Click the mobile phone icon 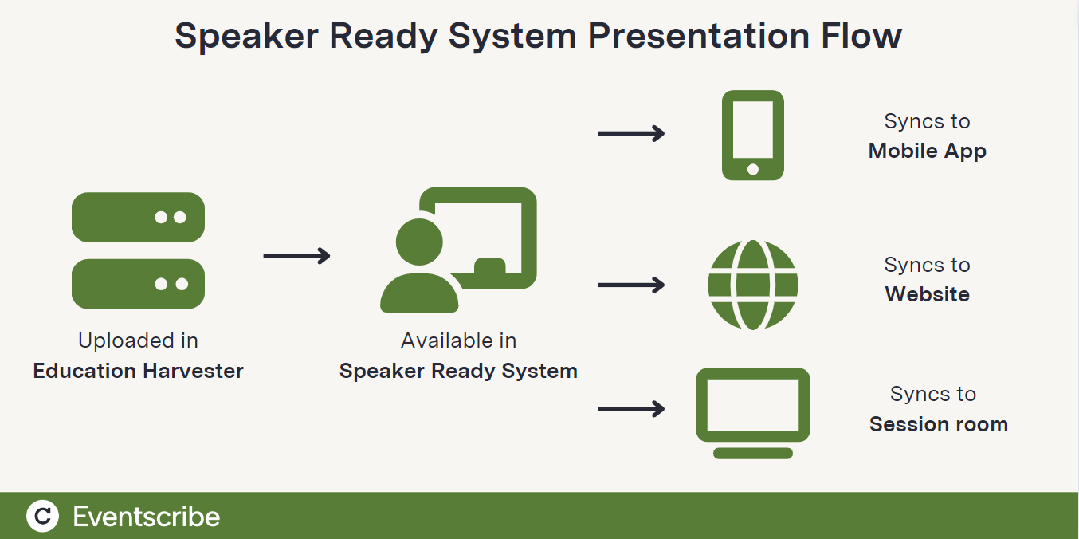click(x=752, y=135)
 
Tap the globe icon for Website click(x=752, y=285)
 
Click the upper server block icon click(x=138, y=217)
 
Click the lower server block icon click(x=138, y=284)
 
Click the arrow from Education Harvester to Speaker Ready click(x=296, y=256)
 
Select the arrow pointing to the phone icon click(x=631, y=134)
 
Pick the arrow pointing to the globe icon click(x=631, y=285)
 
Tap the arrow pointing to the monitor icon click(x=631, y=409)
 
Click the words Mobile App click(x=927, y=151)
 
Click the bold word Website click(x=927, y=294)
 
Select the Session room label click(x=938, y=424)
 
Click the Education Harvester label click(x=138, y=371)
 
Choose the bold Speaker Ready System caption click(x=458, y=371)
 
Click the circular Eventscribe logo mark click(x=42, y=516)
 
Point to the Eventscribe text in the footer click(x=146, y=517)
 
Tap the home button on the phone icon click(x=752, y=169)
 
